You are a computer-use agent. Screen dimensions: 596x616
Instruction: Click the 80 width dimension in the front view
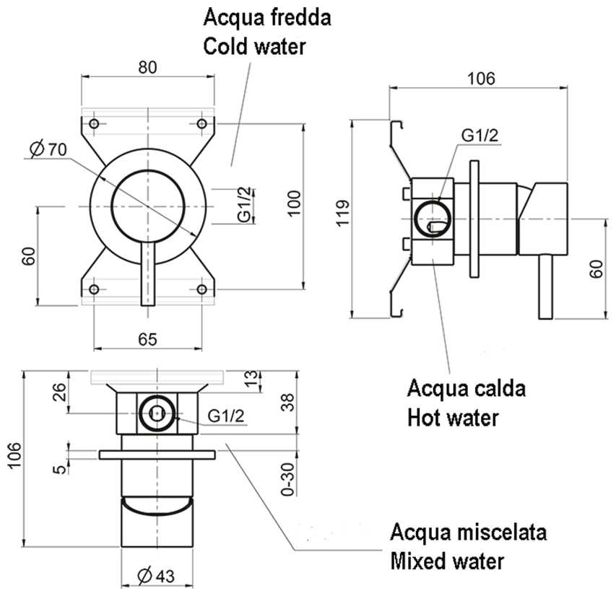pos(147,66)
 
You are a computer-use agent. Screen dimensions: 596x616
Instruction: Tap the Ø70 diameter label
pos(48,149)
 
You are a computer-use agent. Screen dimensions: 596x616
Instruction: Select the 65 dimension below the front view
pos(147,339)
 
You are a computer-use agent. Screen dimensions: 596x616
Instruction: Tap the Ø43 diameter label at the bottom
pos(155,577)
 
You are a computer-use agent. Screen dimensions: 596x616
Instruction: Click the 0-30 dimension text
pos(288,478)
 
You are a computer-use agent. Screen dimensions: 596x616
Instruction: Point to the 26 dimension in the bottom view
pos(60,393)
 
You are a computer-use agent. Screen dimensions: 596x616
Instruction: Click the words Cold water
pos(254,46)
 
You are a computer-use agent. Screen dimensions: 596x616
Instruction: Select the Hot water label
pos(453,417)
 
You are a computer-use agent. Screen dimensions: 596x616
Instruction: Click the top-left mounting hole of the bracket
pos(93,123)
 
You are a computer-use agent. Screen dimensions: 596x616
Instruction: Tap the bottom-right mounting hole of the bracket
pos(202,289)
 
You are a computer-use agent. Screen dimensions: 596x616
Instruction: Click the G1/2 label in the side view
pos(480,135)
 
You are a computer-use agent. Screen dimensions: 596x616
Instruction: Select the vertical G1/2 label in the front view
pos(245,205)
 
